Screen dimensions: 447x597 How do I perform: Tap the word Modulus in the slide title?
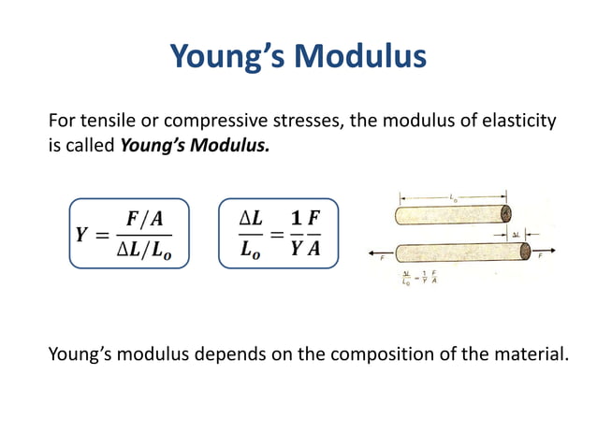(x=362, y=58)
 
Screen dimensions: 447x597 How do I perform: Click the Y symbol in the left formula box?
(x=82, y=235)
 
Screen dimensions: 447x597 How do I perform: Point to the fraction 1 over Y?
(x=298, y=234)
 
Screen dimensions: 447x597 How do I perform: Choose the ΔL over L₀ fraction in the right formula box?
(x=250, y=234)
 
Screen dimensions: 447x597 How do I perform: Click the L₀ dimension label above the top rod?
(x=454, y=197)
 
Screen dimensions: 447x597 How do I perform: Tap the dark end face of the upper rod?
(x=505, y=215)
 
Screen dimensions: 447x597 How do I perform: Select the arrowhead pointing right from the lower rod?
(x=559, y=252)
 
